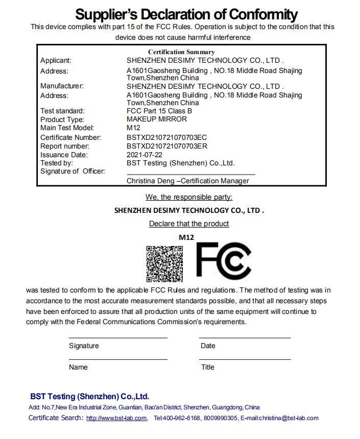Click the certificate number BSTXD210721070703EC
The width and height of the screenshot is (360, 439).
tap(166, 137)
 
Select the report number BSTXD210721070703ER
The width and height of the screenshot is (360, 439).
tap(166, 146)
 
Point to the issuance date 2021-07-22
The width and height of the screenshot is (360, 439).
tap(145, 155)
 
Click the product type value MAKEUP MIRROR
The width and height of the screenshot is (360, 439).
tap(157, 119)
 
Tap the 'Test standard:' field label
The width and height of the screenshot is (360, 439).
tap(62, 111)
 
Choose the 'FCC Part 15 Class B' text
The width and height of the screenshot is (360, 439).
tap(159, 111)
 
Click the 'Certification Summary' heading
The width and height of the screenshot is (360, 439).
tap(181, 52)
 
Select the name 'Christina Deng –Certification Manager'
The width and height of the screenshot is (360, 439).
tap(188, 181)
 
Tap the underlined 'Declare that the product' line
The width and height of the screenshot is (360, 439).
tap(189, 224)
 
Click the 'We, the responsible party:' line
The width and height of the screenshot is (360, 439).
tap(189, 197)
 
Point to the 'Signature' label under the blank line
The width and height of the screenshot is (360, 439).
tap(84, 346)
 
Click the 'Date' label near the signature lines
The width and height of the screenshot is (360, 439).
tap(208, 346)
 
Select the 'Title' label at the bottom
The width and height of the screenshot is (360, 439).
tap(207, 367)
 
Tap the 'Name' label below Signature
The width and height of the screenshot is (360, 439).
tap(78, 367)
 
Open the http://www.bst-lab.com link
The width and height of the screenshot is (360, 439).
tap(116, 418)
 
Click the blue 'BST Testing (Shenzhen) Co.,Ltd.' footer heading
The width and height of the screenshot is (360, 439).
tap(89, 396)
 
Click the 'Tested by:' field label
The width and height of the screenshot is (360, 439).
tap(57, 163)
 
